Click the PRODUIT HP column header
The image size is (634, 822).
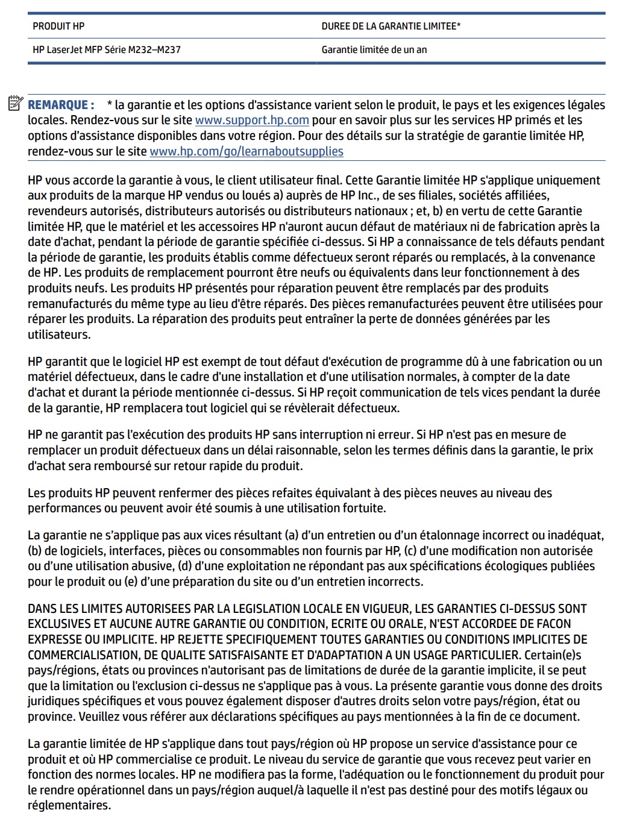point(58,26)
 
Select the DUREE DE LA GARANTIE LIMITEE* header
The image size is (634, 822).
point(391,26)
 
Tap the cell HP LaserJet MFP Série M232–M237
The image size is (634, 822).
point(107,49)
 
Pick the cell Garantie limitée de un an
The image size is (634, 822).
point(374,49)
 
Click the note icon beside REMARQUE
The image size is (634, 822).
point(16,104)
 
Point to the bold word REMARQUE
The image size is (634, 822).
point(61,105)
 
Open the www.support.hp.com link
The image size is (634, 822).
point(252,120)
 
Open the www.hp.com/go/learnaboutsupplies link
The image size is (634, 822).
point(246,151)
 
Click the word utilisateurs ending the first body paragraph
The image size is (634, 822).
point(59,334)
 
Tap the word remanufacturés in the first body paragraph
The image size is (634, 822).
point(70,304)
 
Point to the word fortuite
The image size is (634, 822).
point(359,508)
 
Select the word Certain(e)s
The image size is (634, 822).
point(553,655)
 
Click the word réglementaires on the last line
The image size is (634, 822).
point(69,806)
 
